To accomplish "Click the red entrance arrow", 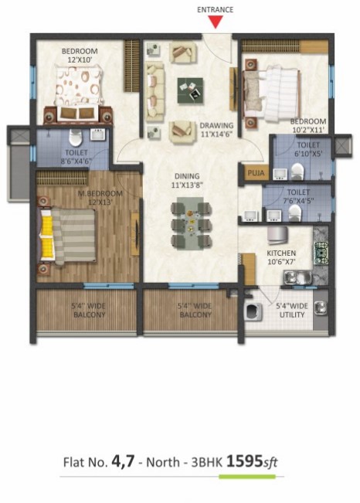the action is coord(216,22).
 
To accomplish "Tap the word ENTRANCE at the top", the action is coord(215,9).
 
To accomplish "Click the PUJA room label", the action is coord(256,173).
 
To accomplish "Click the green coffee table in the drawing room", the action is coord(190,90).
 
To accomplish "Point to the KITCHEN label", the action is coord(281,253).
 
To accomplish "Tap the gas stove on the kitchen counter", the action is coord(321,253).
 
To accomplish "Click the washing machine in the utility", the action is coord(253,312).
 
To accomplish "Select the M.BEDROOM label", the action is coord(96,193).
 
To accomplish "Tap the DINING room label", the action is coord(187,176).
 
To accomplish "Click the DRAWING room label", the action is coord(216,125).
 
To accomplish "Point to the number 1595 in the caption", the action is coord(245,461).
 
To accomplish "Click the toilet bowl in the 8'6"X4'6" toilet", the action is coord(76,138).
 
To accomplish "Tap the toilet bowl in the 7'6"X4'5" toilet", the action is coord(294,212).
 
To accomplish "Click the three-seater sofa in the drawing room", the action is coord(155,92).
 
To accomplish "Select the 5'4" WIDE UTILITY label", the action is coord(292,310).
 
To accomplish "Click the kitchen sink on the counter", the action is coord(297,277).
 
